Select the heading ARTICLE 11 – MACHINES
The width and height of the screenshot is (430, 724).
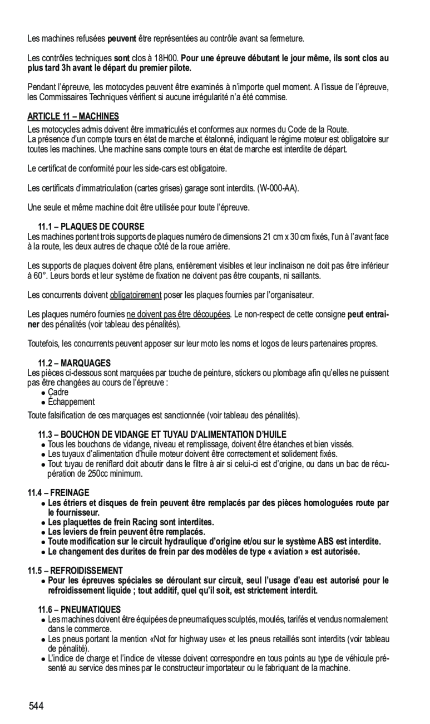(x=73, y=116)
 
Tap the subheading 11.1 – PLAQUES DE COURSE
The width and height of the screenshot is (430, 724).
(x=91, y=227)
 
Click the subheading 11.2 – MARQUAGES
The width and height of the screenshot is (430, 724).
(x=74, y=363)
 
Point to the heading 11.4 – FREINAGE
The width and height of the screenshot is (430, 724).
(x=58, y=492)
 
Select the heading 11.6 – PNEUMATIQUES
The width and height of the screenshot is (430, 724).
(x=79, y=610)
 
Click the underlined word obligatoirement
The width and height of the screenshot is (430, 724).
(x=136, y=294)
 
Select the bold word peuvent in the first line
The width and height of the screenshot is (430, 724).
(x=122, y=38)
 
